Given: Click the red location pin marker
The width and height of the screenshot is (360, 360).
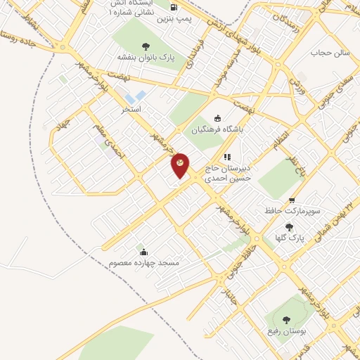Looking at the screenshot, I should click(x=180, y=165).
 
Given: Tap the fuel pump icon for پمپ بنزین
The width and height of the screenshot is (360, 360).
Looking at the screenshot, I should click(x=173, y=9).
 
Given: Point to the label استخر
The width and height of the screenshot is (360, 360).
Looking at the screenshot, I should click(x=131, y=109).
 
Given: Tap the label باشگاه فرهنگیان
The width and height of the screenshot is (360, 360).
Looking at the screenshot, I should click(x=217, y=129).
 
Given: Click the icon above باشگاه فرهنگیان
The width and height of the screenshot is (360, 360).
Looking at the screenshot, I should click(x=217, y=118).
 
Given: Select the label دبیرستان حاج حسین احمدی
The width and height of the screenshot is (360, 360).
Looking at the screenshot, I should click(x=227, y=174).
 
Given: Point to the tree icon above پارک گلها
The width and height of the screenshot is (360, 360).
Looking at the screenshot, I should click(x=289, y=226).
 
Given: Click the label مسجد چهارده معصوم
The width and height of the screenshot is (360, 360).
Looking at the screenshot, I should click(x=144, y=263).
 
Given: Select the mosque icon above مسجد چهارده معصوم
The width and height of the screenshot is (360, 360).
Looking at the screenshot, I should click(x=143, y=252).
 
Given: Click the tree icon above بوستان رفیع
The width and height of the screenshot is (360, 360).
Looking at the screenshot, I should click(x=284, y=319).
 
